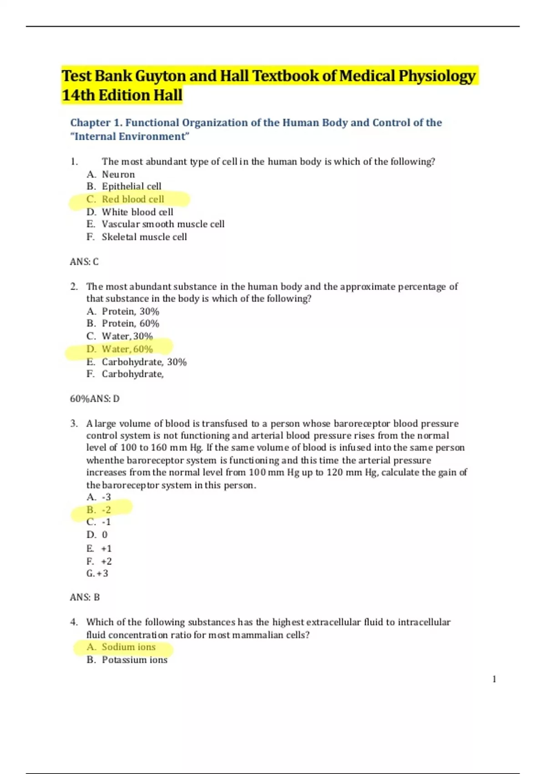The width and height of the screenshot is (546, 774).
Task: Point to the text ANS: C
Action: (x=84, y=262)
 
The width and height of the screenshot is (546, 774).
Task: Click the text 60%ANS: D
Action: (x=95, y=399)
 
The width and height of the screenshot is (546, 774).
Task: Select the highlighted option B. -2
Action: (x=99, y=510)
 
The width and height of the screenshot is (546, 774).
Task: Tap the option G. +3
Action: (x=97, y=574)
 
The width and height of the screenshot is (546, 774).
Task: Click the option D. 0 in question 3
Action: (x=97, y=535)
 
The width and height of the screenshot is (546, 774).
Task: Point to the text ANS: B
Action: (x=85, y=597)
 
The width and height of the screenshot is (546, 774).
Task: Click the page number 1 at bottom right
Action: (x=494, y=679)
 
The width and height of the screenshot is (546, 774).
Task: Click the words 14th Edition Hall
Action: (x=122, y=95)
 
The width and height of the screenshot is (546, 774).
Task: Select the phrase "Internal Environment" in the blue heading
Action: (x=130, y=137)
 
